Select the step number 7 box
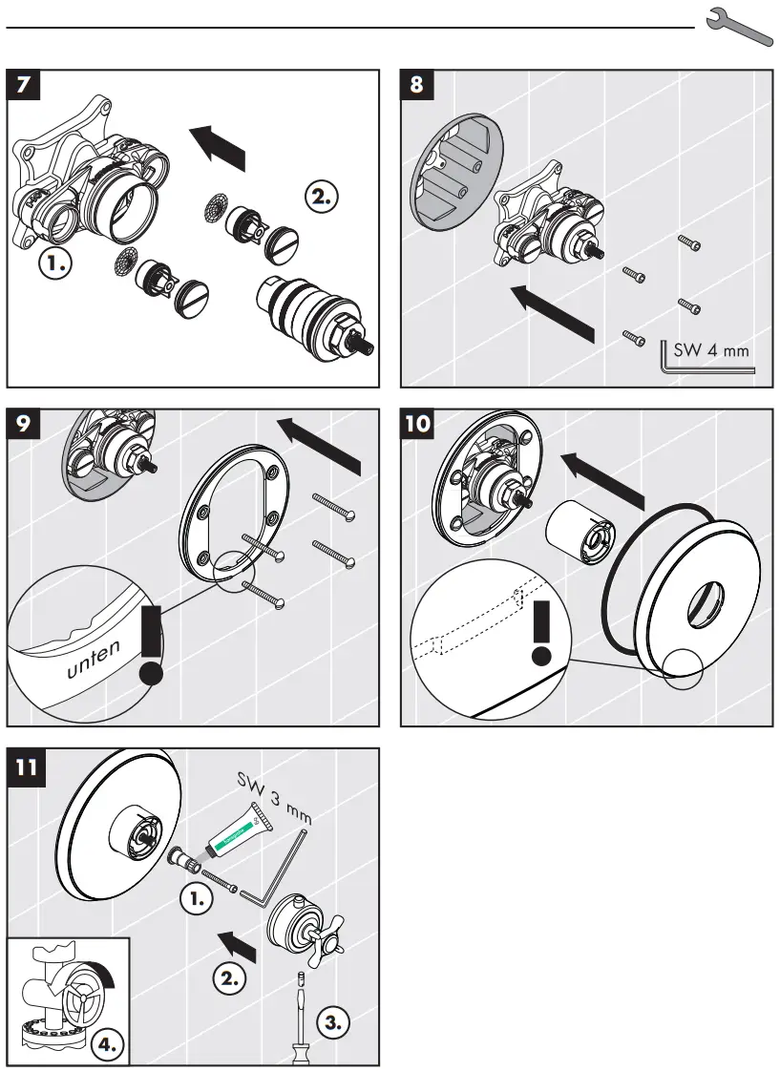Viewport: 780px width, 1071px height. coord(27,84)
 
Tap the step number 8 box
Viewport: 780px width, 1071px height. coord(417,84)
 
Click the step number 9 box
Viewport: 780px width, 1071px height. coord(25,424)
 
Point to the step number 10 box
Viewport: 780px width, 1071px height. coord(417,424)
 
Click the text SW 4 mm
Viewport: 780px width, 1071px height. coord(711,350)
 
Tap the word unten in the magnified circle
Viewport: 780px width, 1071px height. coord(94,659)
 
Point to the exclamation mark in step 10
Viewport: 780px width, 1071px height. coord(542,632)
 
